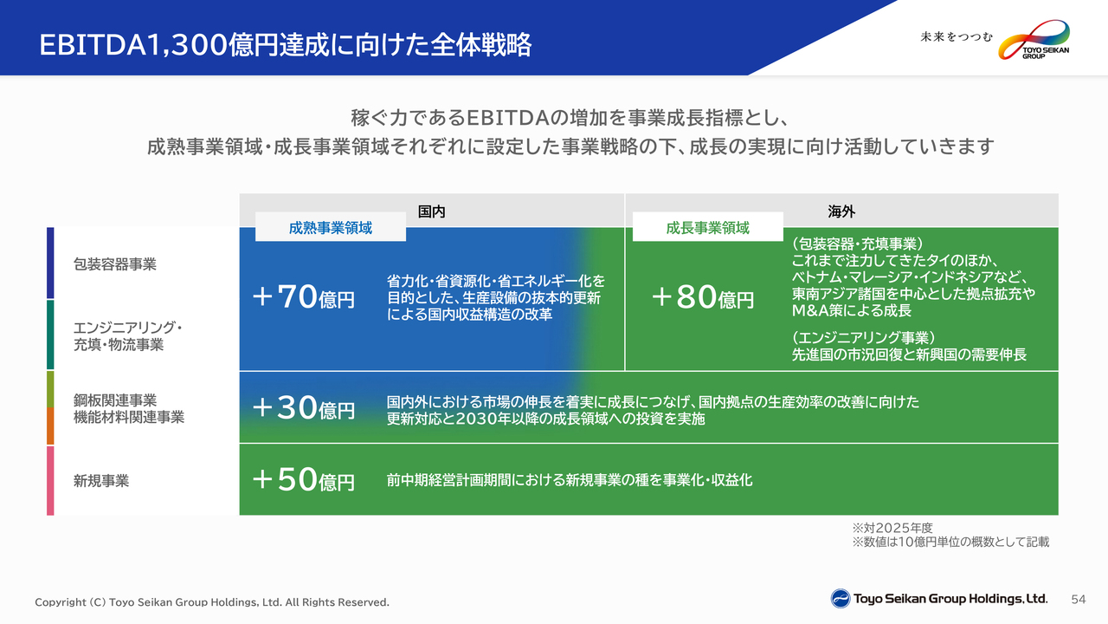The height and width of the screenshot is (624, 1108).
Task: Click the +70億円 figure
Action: pyautogui.click(x=304, y=296)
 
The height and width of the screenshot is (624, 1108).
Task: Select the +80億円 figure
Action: pyautogui.click(x=703, y=296)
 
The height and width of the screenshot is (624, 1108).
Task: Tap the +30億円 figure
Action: pyautogui.click(x=304, y=407)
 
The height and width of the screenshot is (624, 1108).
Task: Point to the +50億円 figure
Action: pyautogui.click(x=304, y=479)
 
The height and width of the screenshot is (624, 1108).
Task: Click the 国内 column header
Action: pyautogui.click(x=431, y=211)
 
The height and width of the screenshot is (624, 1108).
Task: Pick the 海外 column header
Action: pyautogui.click(x=841, y=211)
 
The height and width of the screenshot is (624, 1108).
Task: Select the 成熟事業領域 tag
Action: pyautogui.click(x=331, y=227)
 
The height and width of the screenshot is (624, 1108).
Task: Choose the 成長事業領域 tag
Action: pyautogui.click(x=708, y=227)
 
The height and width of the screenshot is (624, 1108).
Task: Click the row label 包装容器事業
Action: pyautogui.click(x=115, y=264)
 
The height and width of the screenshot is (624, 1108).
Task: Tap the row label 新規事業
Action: pyautogui.click(x=101, y=480)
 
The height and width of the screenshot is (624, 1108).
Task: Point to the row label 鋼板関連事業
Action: pyautogui.click(x=115, y=400)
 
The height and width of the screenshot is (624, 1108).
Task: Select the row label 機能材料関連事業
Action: pyautogui.click(x=129, y=417)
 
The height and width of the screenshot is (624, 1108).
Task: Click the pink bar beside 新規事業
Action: pyautogui.click(x=50, y=480)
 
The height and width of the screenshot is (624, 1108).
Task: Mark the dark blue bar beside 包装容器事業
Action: pyautogui.click(x=50, y=263)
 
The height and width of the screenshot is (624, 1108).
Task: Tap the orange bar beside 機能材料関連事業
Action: pyautogui.click(x=50, y=426)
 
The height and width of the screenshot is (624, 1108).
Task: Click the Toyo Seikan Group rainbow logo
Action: pyautogui.click(x=1034, y=40)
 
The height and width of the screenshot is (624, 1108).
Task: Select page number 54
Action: pyautogui.click(x=1079, y=600)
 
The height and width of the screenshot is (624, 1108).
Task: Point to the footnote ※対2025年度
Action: pyautogui.click(x=892, y=528)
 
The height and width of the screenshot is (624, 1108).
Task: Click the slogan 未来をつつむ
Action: pyautogui.click(x=957, y=37)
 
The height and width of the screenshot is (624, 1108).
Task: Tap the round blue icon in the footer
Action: pyautogui.click(x=841, y=599)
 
